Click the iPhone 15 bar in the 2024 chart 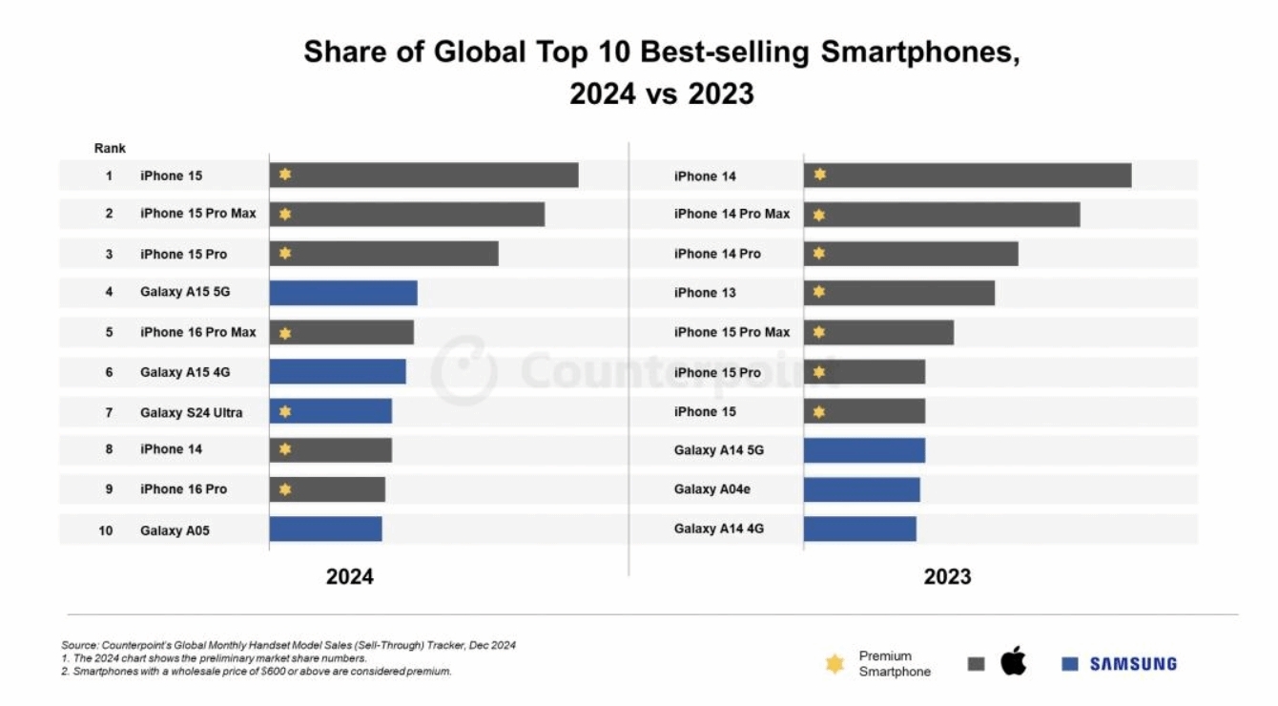[x=424, y=176]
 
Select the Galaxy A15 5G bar [x=343, y=293]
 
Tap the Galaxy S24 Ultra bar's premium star [x=285, y=412]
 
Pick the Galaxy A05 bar [x=325, y=529]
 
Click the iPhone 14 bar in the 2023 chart [x=967, y=176]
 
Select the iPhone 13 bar [x=899, y=293]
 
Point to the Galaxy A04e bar [x=862, y=489]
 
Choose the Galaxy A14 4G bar [x=860, y=529]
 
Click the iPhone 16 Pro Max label [x=198, y=332]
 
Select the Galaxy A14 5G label [x=719, y=450]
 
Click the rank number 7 [x=109, y=412]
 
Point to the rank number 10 [x=106, y=529]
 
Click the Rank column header [x=110, y=149]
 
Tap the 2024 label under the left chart [x=350, y=577]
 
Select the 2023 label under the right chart [x=947, y=577]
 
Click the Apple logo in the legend [x=1014, y=661]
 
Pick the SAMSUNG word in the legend [x=1133, y=664]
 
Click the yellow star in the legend [x=835, y=664]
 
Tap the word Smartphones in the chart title [x=915, y=52]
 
